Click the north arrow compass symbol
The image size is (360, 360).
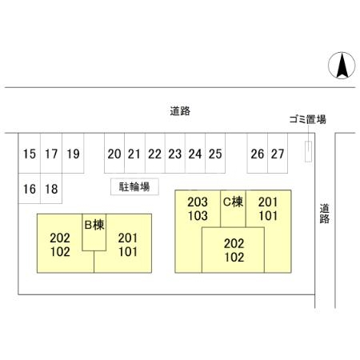tap(342, 66)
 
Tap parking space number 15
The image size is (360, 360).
tap(30, 153)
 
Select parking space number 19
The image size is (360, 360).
tap(73, 153)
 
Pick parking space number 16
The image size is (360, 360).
tap(30, 189)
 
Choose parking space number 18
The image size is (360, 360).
tap(51, 189)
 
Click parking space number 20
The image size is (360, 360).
tap(114, 153)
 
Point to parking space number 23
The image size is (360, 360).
tap(175, 153)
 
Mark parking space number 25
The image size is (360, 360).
tap(215, 153)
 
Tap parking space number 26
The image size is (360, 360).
tap(258, 153)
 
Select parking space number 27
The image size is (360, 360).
tap(278, 153)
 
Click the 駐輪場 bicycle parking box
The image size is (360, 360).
tap(134, 186)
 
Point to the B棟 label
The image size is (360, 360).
tap(94, 225)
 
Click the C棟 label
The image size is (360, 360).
tap(233, 202)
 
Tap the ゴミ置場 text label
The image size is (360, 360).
tap(308, 119)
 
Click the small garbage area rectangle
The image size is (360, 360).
tap(308, 151)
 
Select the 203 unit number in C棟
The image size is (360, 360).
tap(198, 202)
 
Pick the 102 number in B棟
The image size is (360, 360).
tap(60, 251)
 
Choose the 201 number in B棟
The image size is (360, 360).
tap(128, 238)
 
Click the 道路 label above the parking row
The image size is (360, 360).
tap(180, 111)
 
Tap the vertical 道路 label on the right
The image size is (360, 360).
tap(325, 214)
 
